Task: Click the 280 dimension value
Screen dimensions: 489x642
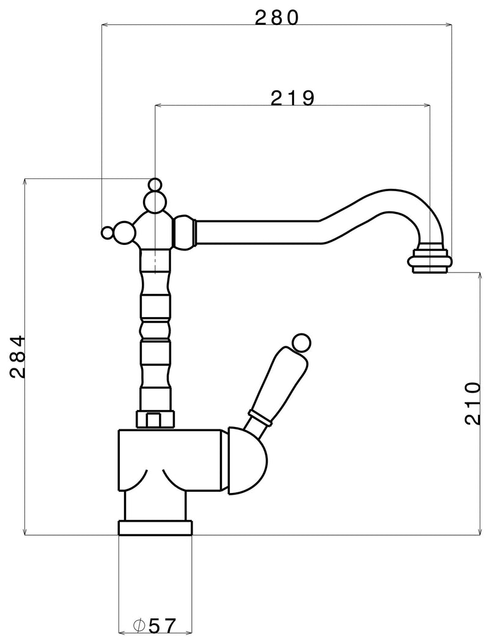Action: coord(278,17)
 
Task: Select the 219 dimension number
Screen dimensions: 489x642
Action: coord(292,98)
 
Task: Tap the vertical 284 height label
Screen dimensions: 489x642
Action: coord(18,357)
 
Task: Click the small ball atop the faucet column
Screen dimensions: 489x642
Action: coord(155,184)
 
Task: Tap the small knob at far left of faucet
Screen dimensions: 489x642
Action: coord(107,233)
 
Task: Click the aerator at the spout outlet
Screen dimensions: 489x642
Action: coord(430,259)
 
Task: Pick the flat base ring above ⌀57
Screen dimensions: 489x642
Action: coord(155,528)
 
